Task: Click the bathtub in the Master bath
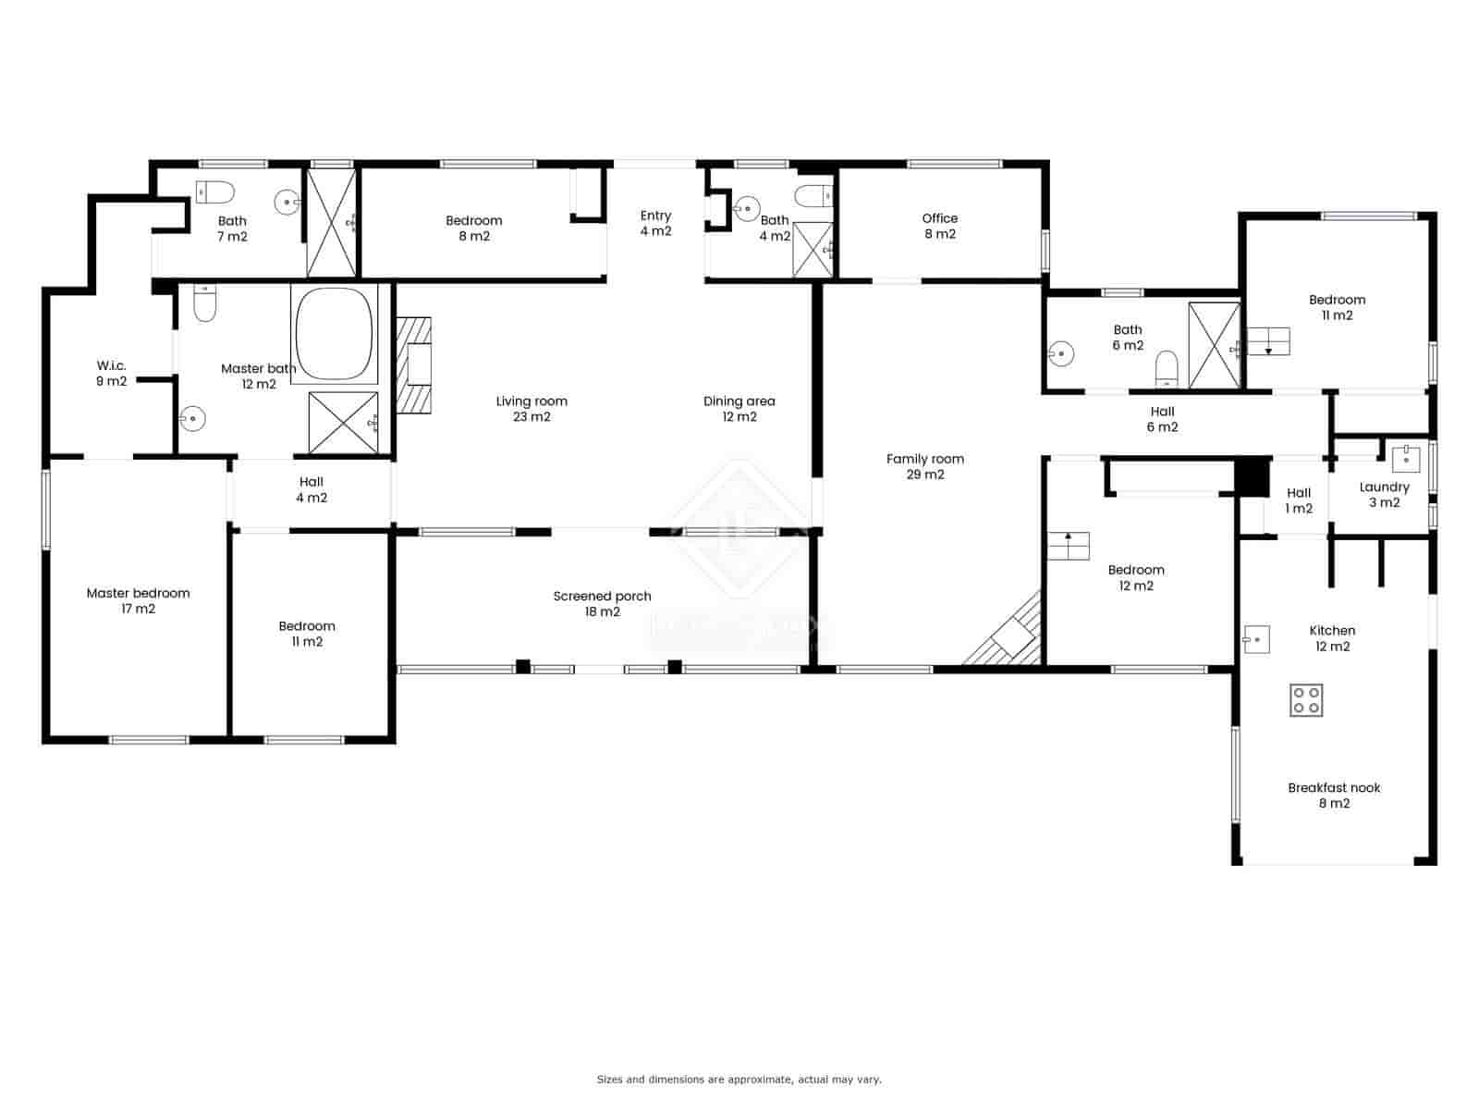tap(334, 333)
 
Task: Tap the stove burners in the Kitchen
tap(1306, 699)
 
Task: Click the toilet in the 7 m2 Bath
tap(216, 191)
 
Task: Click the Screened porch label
tap(602, 604)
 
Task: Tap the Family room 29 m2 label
tap(924, 466)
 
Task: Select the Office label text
tap(939, 218)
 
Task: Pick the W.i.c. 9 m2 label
tap(111, 373)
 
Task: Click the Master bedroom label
tap(138, 600)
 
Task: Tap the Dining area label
tap(739, 408)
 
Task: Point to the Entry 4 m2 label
tap(655, 223)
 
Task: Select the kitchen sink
tap(1256, 639)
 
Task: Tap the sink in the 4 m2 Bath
tap(747, 207)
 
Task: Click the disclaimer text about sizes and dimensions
tap(739, 1079)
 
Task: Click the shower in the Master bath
tap(343, 423)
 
